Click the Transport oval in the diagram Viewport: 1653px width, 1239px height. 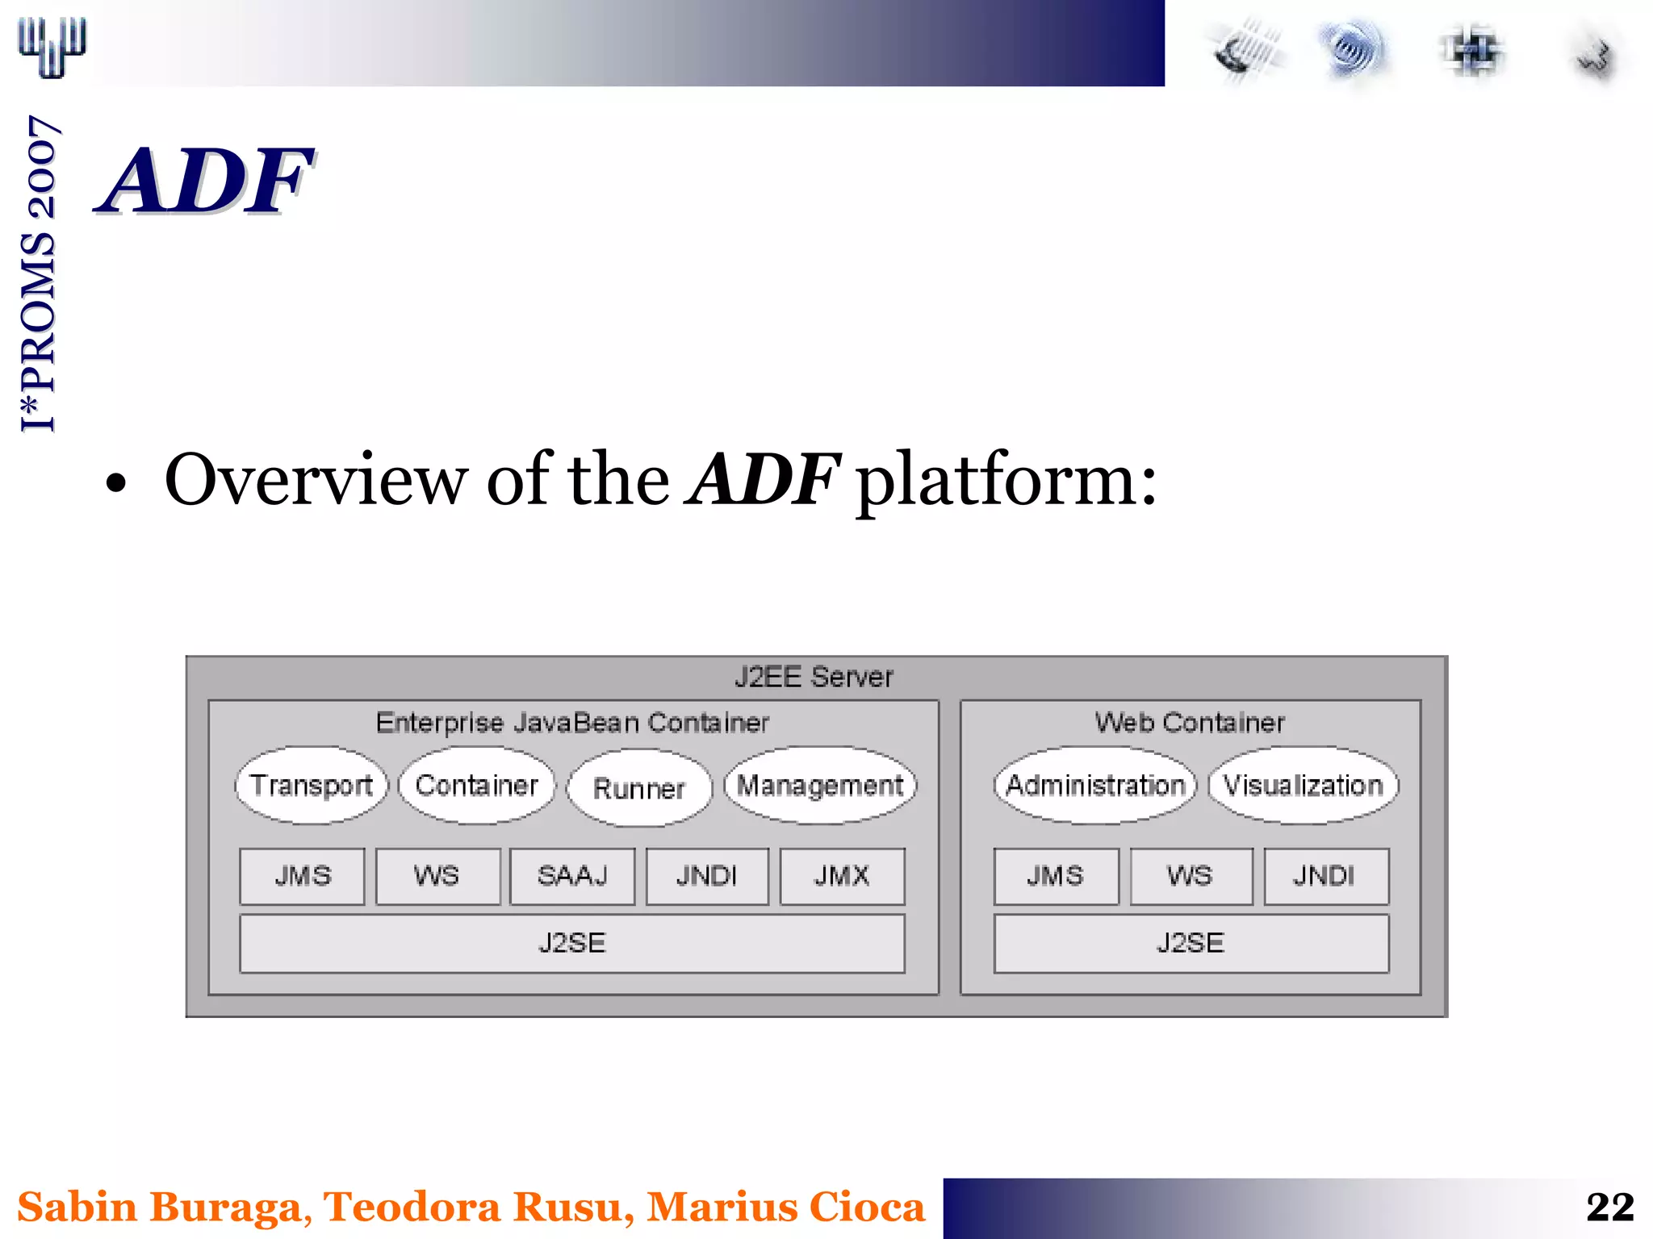(312, 785)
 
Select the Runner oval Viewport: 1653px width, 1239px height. (639, 788)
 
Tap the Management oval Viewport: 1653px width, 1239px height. (820, 785)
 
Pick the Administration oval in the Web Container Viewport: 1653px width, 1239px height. (1095, 785)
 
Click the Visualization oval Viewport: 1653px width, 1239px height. (1303, 785)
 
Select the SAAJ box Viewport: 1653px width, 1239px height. (572, 876)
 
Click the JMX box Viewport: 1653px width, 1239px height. (842, 876)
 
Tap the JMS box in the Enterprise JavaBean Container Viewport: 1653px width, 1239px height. (303, 876)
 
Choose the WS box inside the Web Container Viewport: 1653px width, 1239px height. (1191, 876)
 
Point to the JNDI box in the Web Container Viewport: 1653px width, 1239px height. (1325, 876)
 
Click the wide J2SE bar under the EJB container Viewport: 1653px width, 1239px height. (572, 943)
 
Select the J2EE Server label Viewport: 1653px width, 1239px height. (814, 677)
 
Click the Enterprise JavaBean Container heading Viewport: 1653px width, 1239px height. (572, 723)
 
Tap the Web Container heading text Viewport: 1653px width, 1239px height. (1190, 723)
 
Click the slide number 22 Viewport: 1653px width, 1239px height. (1609, 1208)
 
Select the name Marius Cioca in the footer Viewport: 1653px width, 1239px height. (785, 1208)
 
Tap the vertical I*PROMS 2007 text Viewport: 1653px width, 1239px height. (39, 274)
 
